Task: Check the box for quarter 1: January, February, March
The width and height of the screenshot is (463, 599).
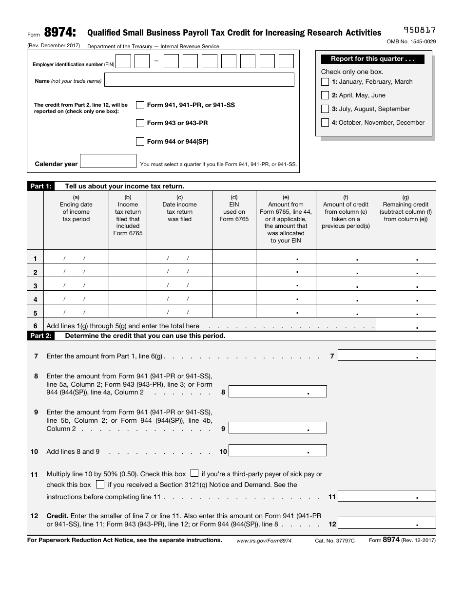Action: click(325, 82)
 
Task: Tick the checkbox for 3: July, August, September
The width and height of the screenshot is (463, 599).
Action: click(325, 109)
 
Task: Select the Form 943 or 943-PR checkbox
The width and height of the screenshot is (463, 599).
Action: click(140, 123)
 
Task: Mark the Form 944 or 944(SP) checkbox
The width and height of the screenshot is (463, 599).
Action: click(140, 142)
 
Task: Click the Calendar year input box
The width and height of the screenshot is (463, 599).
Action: click(108, 161)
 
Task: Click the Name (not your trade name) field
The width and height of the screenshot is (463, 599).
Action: click(199, 80)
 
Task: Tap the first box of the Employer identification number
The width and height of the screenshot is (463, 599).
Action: click(123, 61)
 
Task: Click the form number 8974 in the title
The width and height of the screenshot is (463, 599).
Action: click(59, 33)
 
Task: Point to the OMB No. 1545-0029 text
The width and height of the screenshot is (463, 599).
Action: click(411, 42)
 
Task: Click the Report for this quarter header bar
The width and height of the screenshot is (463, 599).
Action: click(373, 59)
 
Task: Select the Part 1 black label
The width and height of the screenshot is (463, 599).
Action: click(40, 186)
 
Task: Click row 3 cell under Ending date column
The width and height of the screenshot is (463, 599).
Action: click(76, 285)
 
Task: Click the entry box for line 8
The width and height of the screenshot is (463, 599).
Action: click(277, 392)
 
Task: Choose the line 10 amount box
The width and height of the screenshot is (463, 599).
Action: click(277, 451)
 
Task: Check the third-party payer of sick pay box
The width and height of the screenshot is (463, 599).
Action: click(194, 473)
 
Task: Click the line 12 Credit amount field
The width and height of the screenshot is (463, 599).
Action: click(386, 523)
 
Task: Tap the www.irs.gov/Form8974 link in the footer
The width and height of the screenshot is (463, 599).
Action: click(264, 541)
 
